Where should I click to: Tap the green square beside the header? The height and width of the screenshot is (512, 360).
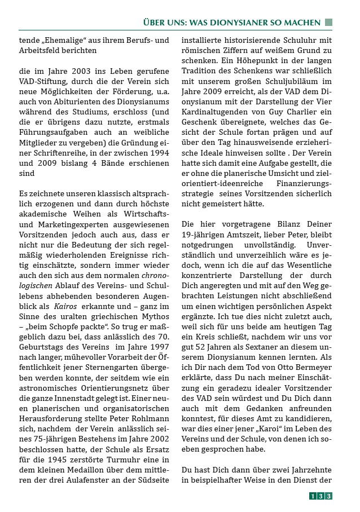coord(328,23)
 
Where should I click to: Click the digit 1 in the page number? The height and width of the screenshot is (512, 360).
coord(313,496)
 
